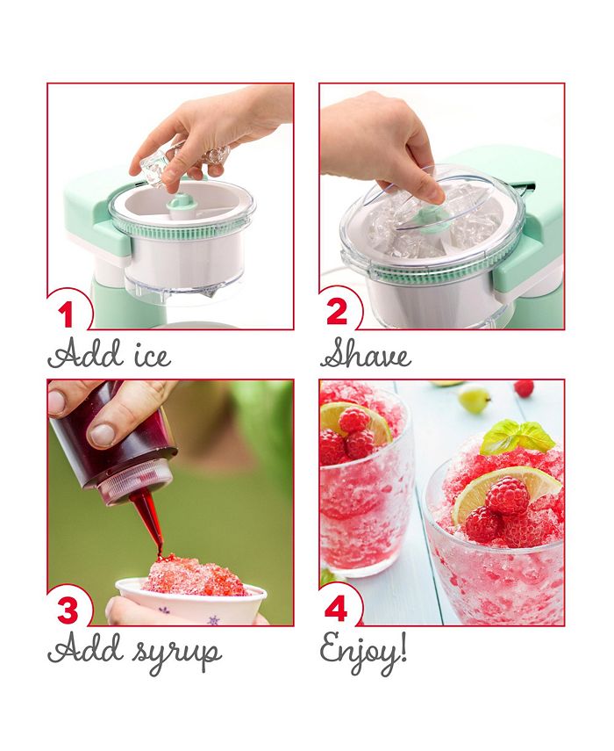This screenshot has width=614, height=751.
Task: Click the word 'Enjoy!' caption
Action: coord(363,651)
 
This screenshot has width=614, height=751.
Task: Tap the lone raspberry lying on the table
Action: coord(524,388)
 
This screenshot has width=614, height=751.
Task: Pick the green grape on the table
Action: coord(475,400)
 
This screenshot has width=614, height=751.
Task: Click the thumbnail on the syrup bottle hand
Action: coord(104,434)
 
